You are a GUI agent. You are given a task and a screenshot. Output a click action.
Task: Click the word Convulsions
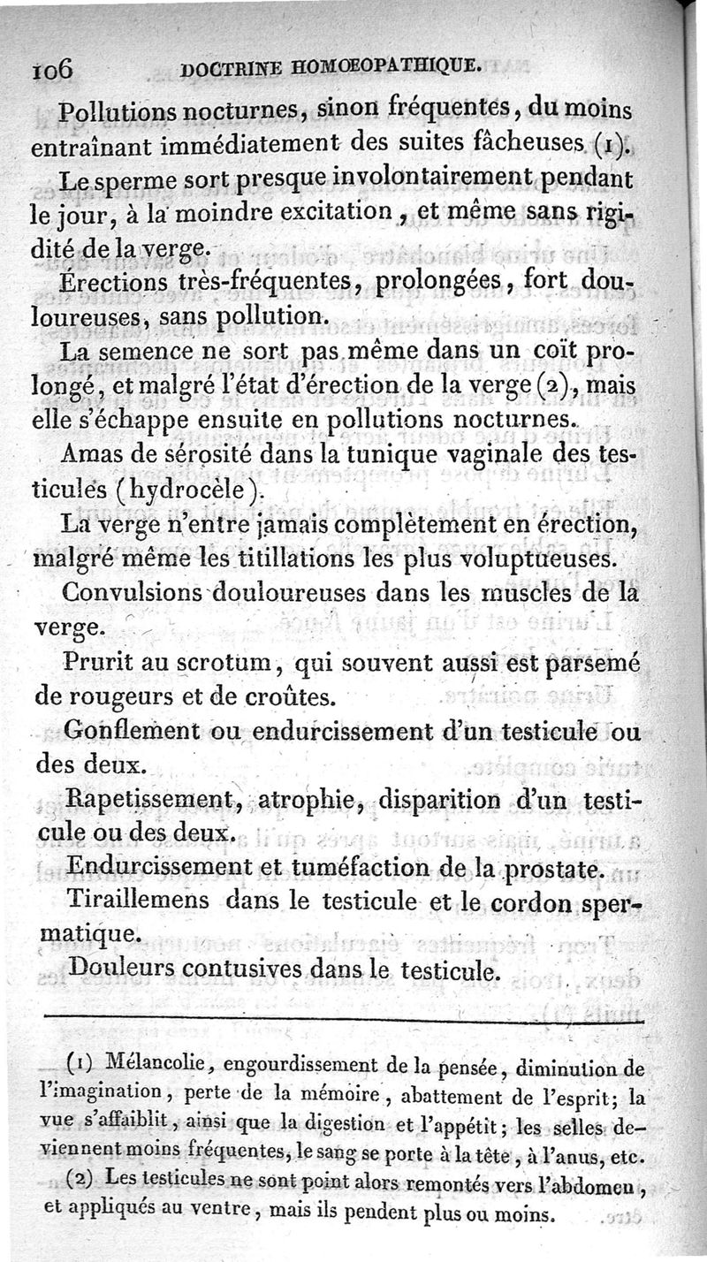(x=142, y=591)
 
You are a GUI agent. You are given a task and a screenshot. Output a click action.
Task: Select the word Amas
(x=95, y=454)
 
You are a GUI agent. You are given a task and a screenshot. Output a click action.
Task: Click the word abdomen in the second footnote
(x=601, y=1184)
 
